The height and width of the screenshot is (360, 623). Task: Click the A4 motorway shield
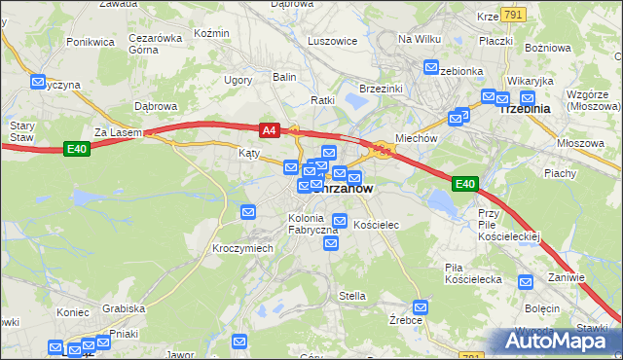coord(269,128)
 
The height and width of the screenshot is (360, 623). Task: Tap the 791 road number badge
coord(515,13)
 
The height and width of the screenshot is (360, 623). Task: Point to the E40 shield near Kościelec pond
coord(464,183)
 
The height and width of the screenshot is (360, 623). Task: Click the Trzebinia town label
coord(524,110)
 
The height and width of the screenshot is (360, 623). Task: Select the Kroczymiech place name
coord(242,248)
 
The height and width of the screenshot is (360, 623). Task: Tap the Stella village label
coord(351,296)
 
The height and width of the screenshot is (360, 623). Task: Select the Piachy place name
coord(560,173)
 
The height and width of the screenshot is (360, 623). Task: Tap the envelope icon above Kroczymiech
coord(248,212)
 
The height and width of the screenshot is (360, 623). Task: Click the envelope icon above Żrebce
coord(421,306)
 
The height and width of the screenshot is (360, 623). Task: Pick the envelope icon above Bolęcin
coord(527,283)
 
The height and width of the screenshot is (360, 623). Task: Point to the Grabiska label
coord(123,308)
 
